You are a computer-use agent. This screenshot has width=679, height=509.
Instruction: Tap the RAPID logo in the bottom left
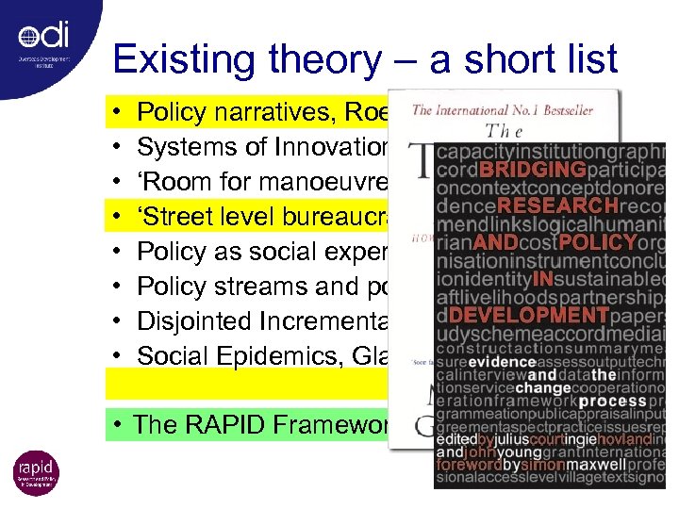coord(36,473)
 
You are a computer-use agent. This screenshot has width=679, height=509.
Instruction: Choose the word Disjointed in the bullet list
coord(192,320)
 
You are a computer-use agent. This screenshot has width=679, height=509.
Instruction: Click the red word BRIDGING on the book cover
coord(532,171)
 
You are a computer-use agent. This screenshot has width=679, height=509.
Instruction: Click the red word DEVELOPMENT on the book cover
coord(541,314)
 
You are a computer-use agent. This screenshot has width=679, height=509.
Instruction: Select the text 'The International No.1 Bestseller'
coord(503,111)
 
